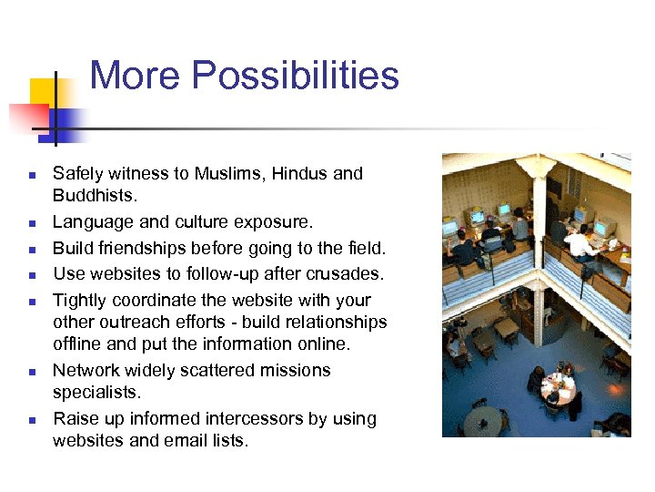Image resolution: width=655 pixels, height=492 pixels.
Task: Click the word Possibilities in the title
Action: [297, 76]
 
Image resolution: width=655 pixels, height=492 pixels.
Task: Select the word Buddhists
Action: [94, 196]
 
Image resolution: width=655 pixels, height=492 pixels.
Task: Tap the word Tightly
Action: [80, 300]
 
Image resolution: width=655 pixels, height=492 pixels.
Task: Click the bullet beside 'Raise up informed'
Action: [31, 420]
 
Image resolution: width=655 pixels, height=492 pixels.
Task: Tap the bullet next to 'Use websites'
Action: [31, 274]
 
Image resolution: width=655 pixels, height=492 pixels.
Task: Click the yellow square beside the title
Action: [41, 91]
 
